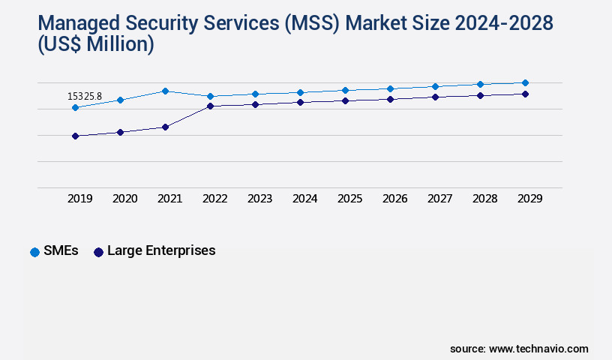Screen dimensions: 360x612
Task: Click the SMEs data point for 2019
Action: [x=75, y=108]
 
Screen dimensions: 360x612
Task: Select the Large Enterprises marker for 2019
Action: [x=75, y=136]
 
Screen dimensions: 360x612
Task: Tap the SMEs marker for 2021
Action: [x=165, y=91]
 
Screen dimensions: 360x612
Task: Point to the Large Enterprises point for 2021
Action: [x=165, y=127]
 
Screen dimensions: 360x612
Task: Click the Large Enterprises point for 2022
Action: [x=210, y=106]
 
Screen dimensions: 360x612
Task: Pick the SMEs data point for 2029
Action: [x=525, y=82]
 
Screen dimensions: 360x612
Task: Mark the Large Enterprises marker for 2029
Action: [x=525, y=94]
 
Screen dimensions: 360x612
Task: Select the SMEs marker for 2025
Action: [x=345, y=90]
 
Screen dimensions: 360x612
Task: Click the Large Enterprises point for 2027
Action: [x=435, y=97]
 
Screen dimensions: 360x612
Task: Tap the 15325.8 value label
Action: [x=85, y=97]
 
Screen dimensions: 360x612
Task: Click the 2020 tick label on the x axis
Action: [x=124, y=199]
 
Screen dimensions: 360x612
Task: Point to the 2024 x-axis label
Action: [x=304, y=199]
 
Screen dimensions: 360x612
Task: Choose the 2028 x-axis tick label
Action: [x=484, y=199]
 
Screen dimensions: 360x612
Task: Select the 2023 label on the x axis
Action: [x=259, y=199]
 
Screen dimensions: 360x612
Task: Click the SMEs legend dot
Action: [x=34, y=252]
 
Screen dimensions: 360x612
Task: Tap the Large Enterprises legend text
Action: [x=161, y=250]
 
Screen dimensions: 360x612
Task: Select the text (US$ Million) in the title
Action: [x=95, y=45]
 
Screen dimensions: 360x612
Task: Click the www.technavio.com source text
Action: [x=538, y=349]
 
